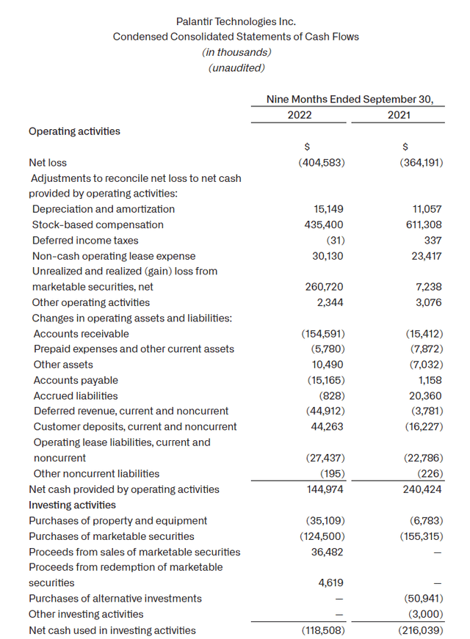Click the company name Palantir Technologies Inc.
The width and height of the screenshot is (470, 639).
236,23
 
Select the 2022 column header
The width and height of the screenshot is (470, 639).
300,115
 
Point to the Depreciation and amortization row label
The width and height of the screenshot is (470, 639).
104,209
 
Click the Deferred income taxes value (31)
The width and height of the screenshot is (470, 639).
333,240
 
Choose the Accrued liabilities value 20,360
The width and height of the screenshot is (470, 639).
423,395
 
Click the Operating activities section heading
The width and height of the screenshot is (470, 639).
74,131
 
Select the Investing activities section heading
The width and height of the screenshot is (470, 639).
72,505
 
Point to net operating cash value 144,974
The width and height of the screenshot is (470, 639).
324,489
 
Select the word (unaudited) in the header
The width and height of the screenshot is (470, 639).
236,67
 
